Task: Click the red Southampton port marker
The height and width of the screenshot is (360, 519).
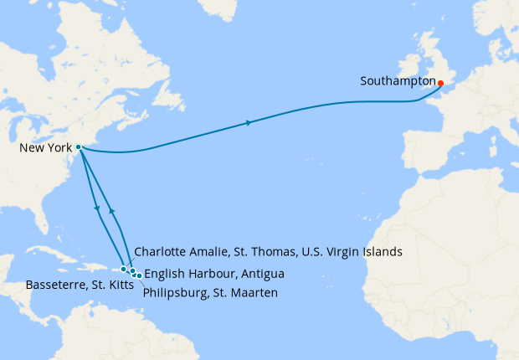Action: [x=440, y=83]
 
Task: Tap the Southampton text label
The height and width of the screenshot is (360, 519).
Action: [x=398, y=82]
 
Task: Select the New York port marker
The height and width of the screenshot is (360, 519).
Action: [x=78, y=147]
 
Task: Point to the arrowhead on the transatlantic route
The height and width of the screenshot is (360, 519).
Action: [x=249, y=124]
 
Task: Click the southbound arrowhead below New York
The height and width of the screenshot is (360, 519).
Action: [x=99, y=208]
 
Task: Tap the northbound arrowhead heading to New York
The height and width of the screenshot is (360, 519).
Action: [x=110, y=212]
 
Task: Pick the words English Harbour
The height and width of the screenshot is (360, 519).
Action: [x=182, y=274]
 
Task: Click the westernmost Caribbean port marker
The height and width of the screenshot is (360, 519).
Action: [x=124, y=270]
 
